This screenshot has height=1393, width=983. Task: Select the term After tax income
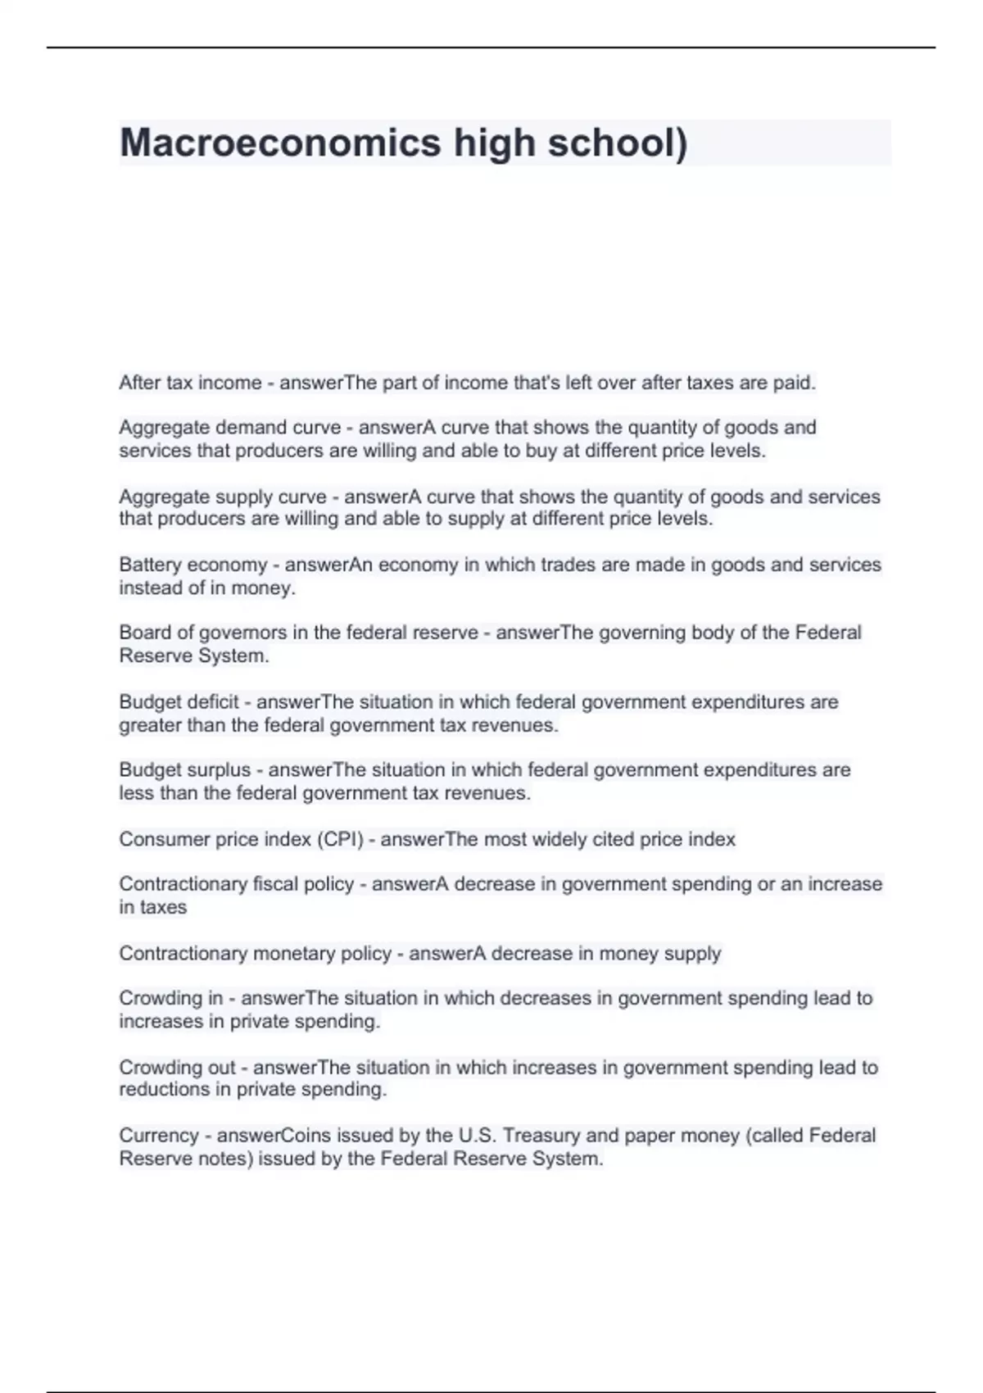(190, 383)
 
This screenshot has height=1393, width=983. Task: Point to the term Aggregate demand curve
(229, 428)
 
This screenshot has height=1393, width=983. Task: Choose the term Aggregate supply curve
(223, 497)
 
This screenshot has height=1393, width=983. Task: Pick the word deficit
(211, 702)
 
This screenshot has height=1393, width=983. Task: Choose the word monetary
(294, 954)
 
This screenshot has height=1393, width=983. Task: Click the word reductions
(164, 1090)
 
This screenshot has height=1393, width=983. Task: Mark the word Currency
(158, 1136)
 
